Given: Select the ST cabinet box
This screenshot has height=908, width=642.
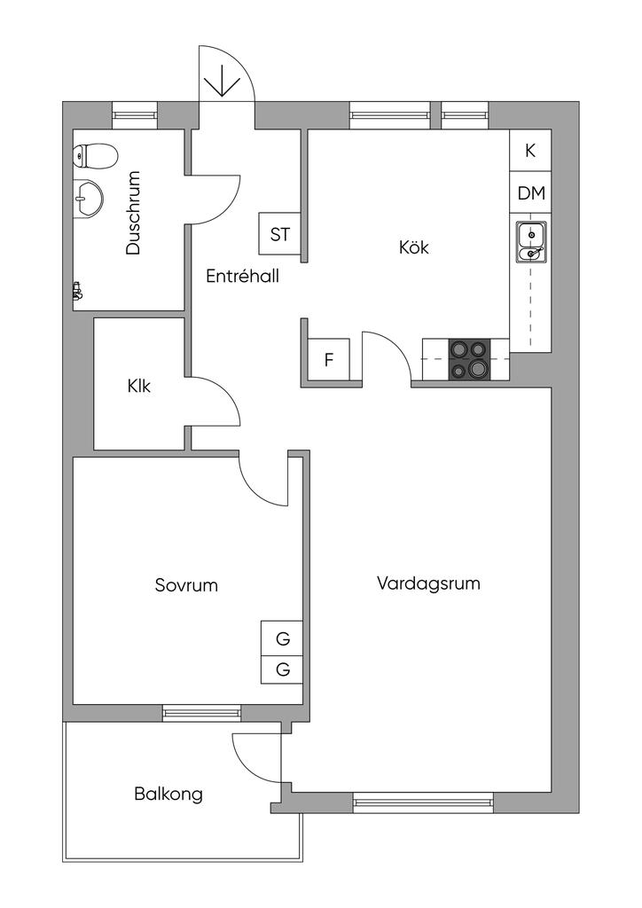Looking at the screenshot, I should (280, 235).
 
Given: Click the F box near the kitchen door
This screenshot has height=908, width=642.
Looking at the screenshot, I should (329, 360).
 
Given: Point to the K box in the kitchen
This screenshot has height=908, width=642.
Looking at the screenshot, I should (530, 151).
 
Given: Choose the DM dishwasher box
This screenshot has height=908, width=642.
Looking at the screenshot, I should (531, 193).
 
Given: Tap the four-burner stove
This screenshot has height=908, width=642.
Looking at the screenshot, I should (469, 359).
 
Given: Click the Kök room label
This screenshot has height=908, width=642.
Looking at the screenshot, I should (414, 247).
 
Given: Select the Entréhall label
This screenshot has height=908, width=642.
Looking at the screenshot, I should (242, 276).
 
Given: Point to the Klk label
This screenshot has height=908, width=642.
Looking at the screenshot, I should (139, 386).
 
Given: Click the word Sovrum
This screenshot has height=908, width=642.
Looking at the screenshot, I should (186, 585).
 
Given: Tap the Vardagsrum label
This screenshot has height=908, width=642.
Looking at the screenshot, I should (428, 583).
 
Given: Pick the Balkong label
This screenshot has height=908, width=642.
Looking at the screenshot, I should (168, 794).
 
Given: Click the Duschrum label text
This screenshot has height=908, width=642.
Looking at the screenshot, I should (134, 213).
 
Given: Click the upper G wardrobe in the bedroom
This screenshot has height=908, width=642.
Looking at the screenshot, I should (283, 638).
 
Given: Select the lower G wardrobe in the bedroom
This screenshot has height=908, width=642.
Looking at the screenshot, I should (283, 669).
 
